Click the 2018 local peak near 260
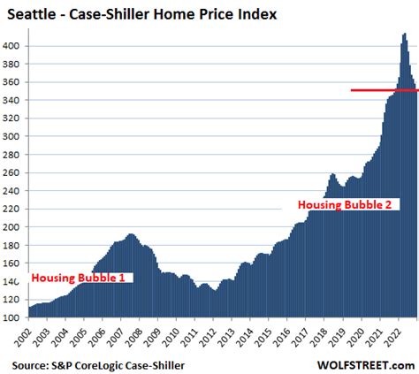[x=332, y=174]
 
